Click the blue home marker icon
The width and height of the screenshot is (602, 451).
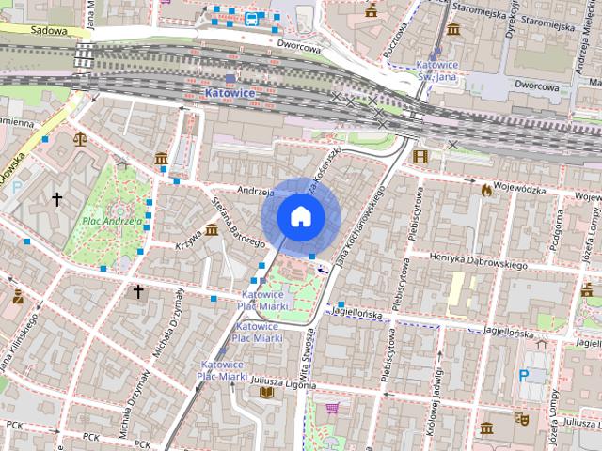[300, 216]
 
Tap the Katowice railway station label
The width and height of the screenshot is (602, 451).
[230, 94]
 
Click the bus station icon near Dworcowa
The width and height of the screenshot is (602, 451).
[251, 18]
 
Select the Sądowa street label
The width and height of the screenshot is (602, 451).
[48, 30]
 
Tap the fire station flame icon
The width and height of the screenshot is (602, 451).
[484, 189]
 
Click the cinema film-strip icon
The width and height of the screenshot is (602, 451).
[420, 156]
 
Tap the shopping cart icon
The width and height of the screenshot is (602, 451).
[331, 409]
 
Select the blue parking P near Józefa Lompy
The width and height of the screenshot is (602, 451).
[524, 374]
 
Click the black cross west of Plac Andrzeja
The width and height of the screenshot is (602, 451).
[57, 198]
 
